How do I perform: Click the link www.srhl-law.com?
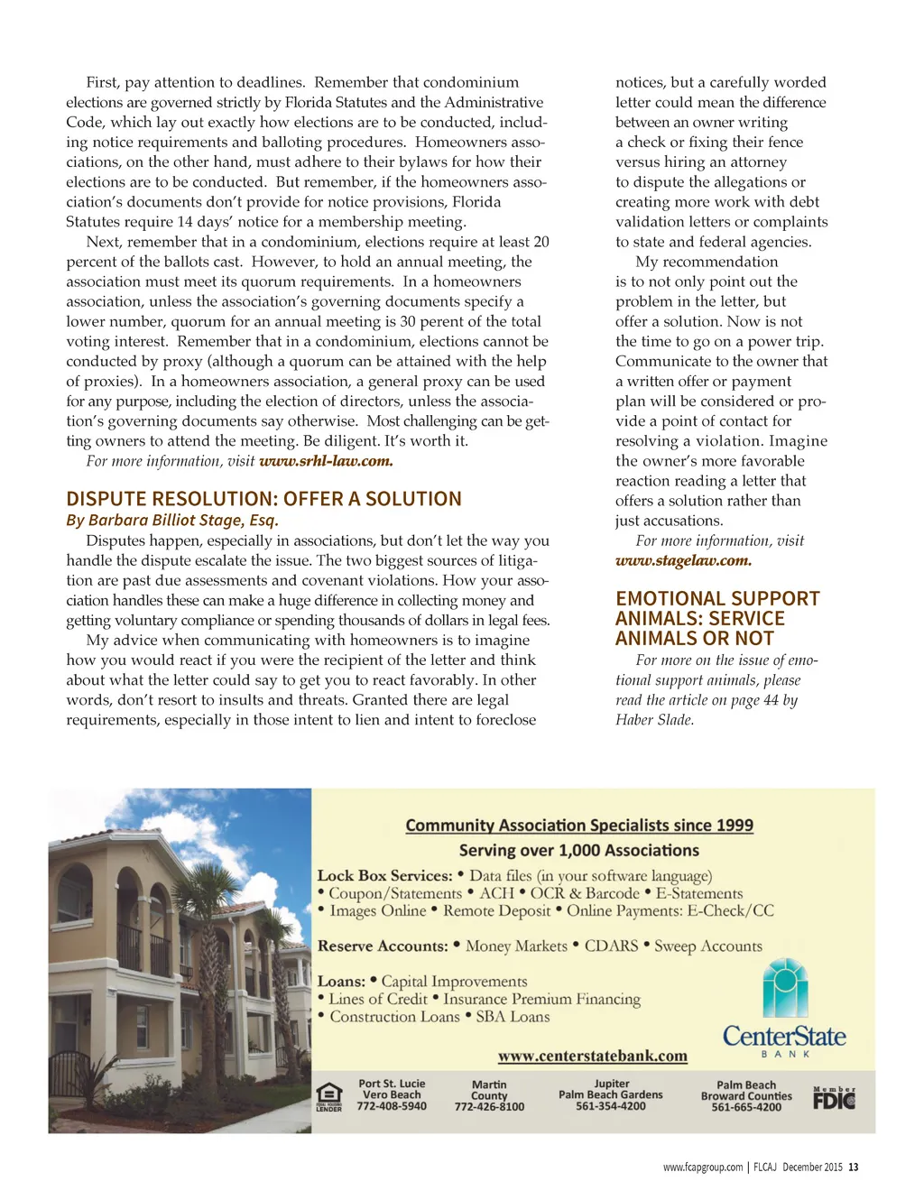coord(326,461)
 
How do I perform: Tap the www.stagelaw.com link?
coord(683,560)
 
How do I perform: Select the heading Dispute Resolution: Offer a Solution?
coord(263,499)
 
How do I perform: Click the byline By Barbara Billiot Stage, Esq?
coord(172,520)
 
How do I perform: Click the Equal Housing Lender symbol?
coord(329,1096)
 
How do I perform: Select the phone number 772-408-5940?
coord(392,1106)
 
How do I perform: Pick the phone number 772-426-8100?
coord(489,1107)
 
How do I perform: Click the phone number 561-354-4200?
coord(611,1106)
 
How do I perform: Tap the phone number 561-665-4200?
coord(746,1107)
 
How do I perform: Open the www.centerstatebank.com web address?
coord(593,1056)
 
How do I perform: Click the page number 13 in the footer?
coord(853,1167)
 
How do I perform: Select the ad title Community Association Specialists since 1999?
coord(579,825)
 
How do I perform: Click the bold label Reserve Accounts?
coord(383,946)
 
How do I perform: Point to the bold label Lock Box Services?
coord(384,875)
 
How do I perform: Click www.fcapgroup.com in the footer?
coord(703,1167)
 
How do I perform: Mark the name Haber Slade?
coord(654,720)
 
